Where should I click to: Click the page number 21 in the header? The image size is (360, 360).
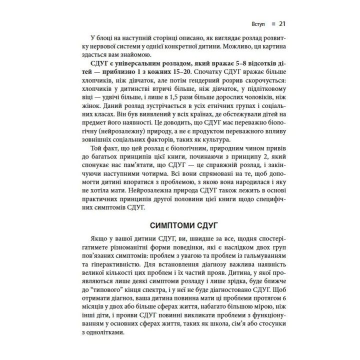(281, 23)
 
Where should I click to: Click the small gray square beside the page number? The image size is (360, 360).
(271, 23)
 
